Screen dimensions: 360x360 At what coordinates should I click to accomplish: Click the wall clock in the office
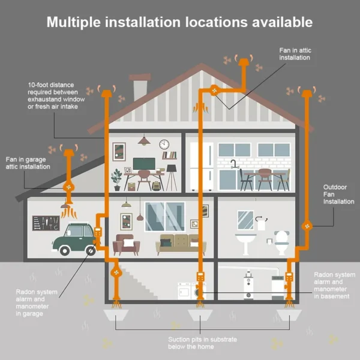[164, 145]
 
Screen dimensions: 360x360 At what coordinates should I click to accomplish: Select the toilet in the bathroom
[282, 242]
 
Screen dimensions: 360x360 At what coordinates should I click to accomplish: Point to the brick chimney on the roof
[140, 87]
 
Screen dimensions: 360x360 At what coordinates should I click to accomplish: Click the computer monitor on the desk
[144, 164]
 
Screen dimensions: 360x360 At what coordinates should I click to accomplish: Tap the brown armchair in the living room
[126, 245]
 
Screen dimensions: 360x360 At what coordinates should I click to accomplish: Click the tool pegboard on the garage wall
[46, 223]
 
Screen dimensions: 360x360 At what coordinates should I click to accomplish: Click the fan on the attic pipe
[214, 90]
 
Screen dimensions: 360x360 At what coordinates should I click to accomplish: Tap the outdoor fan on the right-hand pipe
[307, 226]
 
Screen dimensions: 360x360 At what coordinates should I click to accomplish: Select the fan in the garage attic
[68, 187]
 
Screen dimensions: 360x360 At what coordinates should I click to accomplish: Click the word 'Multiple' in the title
[74, 22]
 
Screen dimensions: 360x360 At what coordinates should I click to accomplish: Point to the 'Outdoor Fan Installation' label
[338, 194]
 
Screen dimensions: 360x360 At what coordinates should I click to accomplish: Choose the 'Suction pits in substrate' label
[203, 340]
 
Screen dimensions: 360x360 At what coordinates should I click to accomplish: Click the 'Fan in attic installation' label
[295, 54]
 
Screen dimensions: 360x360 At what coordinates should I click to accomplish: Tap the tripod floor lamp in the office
[172, 178]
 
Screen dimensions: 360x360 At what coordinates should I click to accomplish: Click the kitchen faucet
[233, 164]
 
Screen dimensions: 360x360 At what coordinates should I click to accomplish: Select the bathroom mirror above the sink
[245, 220]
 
